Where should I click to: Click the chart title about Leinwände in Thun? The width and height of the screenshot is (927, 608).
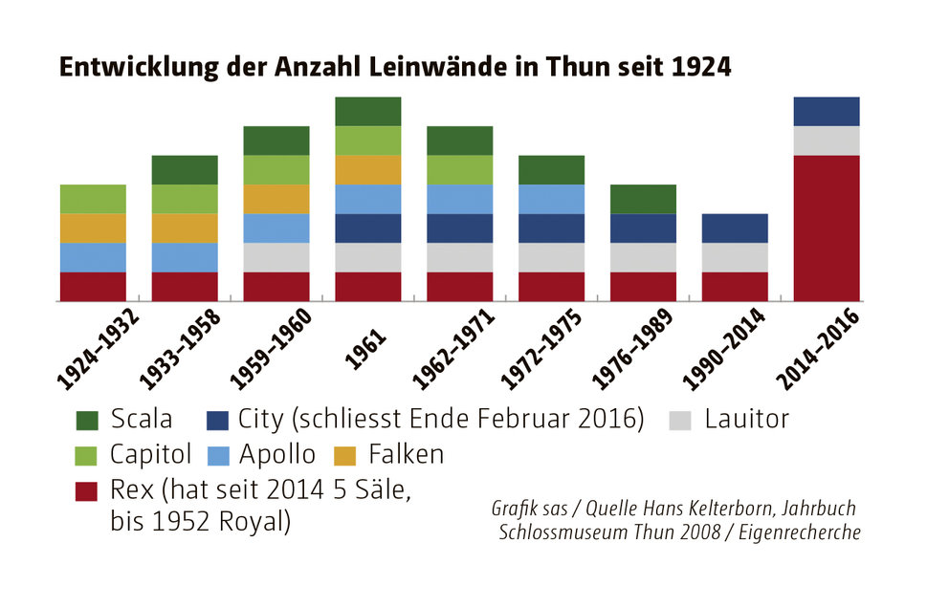(395, 67)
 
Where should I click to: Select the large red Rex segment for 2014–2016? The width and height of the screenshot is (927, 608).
(827, 228)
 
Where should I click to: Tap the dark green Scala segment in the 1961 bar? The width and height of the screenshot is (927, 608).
(368, 111)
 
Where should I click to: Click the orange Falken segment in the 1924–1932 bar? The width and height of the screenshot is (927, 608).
(93, 228)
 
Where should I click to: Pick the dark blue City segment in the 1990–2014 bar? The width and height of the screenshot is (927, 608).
(735, 228)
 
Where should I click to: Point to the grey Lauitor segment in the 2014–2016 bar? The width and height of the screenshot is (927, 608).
(827, 141)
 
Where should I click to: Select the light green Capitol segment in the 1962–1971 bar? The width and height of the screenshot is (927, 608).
(460, 169)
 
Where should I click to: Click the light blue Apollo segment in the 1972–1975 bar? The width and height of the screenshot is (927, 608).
(551, 199)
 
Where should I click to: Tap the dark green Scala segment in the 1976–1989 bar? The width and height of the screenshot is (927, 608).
(643, 199)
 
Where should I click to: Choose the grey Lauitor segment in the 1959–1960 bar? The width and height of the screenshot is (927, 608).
(276, 257)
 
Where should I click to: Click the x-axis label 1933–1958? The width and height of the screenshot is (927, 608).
(182, 350)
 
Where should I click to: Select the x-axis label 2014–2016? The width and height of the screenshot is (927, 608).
(824, 350)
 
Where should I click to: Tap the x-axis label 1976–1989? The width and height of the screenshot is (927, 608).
(641, 350)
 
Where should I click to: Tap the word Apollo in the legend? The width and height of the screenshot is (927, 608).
(281, 454)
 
